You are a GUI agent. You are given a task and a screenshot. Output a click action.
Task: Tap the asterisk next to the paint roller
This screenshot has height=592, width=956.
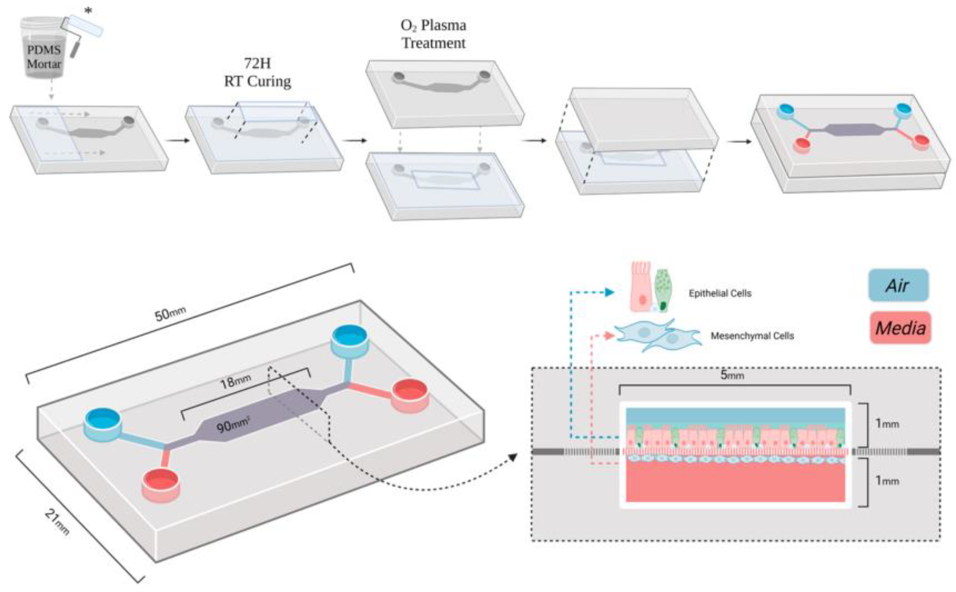[87, 10]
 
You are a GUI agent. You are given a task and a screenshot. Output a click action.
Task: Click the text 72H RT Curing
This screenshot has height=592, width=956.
[257, 72]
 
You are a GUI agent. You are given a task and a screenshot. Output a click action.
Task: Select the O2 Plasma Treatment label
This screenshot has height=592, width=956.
[433, 34]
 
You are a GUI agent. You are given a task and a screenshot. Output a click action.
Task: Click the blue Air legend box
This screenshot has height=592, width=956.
[898, 286]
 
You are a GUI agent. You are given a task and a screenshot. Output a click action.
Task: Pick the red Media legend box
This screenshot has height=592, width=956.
[900, 328]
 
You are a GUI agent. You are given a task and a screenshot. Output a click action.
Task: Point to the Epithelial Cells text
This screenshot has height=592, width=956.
[720, 293]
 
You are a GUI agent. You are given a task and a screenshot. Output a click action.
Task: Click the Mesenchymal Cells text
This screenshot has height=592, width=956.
[752, 336]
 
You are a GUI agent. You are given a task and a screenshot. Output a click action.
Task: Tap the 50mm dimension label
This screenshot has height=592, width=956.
[170, 313]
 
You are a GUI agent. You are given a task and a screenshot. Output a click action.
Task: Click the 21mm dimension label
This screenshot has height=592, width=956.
[57, 522]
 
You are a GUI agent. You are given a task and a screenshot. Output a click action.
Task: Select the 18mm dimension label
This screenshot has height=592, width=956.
[235, 381]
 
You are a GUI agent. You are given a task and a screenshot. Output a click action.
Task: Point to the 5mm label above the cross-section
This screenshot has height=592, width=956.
[732, 375]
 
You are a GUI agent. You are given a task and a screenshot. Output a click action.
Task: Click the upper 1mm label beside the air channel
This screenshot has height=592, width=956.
[887, 424]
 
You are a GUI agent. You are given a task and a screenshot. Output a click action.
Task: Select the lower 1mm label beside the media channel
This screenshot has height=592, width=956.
[887, 481]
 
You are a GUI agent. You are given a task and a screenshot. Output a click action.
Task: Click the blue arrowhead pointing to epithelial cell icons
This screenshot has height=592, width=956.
[609, 292]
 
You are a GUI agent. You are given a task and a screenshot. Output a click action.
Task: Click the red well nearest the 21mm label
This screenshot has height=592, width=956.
[161, 484]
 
